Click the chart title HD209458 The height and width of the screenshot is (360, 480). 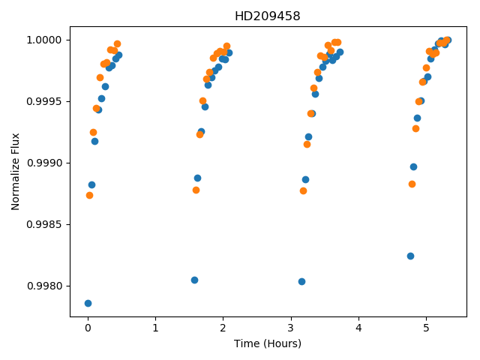pyautogui.click(x=267, y=16)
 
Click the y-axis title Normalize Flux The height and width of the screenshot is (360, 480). pyautogui.click(x=15, y=172)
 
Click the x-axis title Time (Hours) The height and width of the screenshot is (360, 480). pyautogui.click(x=268, y=343)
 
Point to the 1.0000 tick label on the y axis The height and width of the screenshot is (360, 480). pyautogui.click(x=44, y=40)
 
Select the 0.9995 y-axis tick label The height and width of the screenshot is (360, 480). pyautogui.click(x=44, y=102)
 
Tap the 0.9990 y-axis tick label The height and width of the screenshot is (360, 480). pyautogui.click(x=44, y=163)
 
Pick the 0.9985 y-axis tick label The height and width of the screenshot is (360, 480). pyautogui.click(x=44, y=225)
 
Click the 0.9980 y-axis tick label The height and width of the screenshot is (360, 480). pyautogui.click(x=44, y=286)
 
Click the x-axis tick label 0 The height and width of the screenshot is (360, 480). pyautogui.click(x=88, y=328)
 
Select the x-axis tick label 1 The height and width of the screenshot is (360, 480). pyautogui.click(x=156, y=328)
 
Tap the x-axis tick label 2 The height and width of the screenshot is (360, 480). pyautogui.click(x=223, y=328)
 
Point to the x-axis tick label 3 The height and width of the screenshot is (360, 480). pyautogui.click(x=291, y=328)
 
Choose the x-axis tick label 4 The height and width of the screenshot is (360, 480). pyautogui.click(x=358, y=328)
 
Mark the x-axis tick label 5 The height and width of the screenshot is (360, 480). pyautogui.click(x=427, y=328)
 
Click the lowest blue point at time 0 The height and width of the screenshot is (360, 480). pyautogui.click(x=88, y=303)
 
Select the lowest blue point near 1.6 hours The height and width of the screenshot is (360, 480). pyautogui.click(x=194, y=280)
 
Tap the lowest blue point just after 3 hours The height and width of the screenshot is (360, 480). pyautogui.click(x=301, y=282)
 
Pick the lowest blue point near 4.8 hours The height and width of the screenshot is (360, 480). pyautogui.click(x=410, y=256)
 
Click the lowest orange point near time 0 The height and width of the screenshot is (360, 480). pyautogui.click(x=89, y=195)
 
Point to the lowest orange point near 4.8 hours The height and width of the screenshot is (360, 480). pyautogui.click(x=412, y=184)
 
